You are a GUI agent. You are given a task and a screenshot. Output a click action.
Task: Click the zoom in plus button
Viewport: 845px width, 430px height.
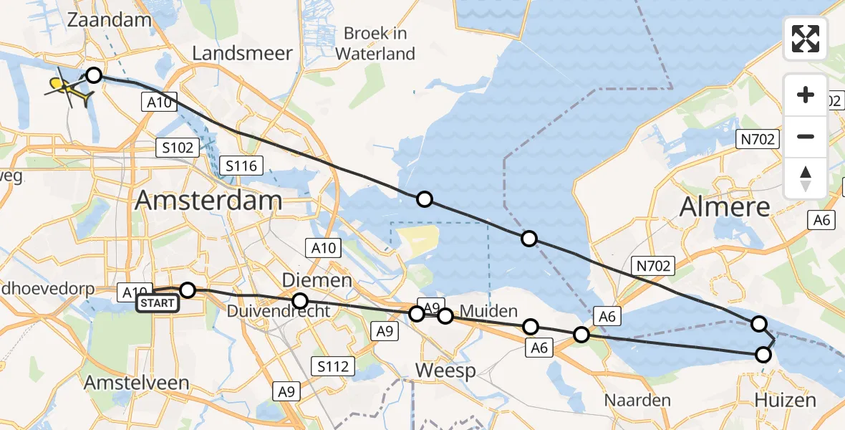[x=806, y=95]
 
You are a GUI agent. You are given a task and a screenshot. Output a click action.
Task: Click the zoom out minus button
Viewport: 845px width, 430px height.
[x=806, y=136]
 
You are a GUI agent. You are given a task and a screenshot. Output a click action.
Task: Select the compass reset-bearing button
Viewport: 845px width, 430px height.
[x=806, y=178]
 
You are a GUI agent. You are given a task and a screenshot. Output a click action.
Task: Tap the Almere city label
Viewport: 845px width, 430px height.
[x=725, y=206]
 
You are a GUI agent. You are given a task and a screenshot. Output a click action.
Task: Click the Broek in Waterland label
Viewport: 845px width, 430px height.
[x=375, y=43]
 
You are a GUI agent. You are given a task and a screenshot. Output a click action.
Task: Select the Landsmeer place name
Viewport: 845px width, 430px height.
[x=243, y=53]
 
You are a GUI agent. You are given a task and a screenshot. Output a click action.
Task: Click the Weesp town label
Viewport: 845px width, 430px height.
[x=446, y=371]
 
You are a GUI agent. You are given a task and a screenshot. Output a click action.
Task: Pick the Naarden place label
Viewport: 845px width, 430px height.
[x=637, y=399]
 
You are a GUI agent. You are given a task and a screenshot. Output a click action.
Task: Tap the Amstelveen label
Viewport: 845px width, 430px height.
[x=136, y=383]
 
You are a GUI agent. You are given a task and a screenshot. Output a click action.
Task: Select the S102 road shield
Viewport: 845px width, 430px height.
[x=176, y=148]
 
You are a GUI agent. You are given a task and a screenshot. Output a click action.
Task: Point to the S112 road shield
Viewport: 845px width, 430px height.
[x=334, y=367]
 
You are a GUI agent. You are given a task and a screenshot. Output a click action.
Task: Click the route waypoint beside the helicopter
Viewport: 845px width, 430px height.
[x=94, y=75]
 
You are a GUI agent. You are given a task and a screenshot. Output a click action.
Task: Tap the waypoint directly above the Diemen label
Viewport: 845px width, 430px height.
[x=300, y=300]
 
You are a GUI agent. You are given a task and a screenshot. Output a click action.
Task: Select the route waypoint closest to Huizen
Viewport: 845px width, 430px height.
[x=763, y=355]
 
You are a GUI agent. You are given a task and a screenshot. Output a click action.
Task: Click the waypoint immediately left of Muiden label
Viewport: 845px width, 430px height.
[x=445, y=316]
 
